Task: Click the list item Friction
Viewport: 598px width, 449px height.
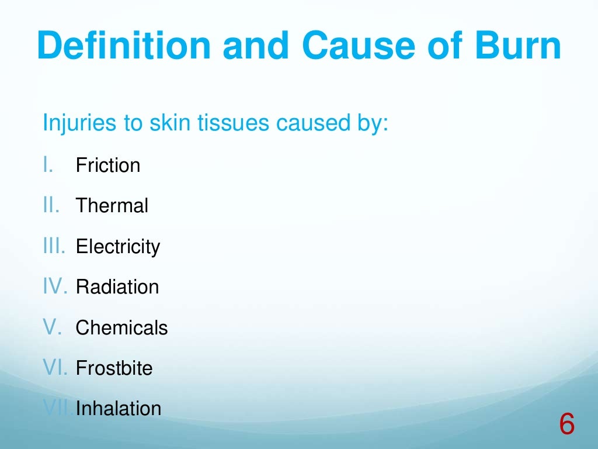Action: [108, 165]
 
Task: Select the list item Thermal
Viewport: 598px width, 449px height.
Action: [112, 206]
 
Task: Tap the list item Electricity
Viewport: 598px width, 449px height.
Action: [118, 247]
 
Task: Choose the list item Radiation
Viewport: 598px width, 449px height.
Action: [117, 287]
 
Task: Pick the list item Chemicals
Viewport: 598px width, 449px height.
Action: [121, 328]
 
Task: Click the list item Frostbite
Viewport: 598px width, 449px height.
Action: [114, 369]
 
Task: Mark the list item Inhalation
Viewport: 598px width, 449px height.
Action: [119, 408]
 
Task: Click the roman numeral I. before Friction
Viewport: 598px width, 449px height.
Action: [48, 165]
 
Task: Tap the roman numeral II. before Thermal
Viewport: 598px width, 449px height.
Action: [51, 206]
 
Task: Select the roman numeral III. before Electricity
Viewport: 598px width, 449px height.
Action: [55, 247]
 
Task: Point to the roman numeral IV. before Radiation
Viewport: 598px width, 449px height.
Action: [56, 287]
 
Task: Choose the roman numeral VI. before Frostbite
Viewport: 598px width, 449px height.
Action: [56, 369]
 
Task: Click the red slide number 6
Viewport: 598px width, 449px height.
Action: [566, 424]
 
